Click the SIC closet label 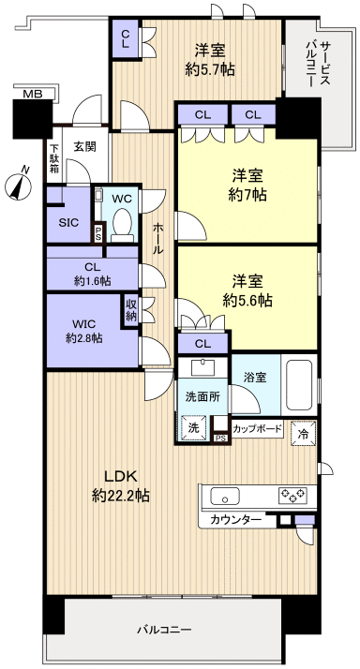[x=67, y=222]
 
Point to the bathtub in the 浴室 [x=301, y=385]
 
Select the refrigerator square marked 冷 [x=304, y=434]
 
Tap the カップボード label [x=256, y=429]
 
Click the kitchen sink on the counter [x=226, y=496]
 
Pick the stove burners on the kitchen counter [x=292, y=495]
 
